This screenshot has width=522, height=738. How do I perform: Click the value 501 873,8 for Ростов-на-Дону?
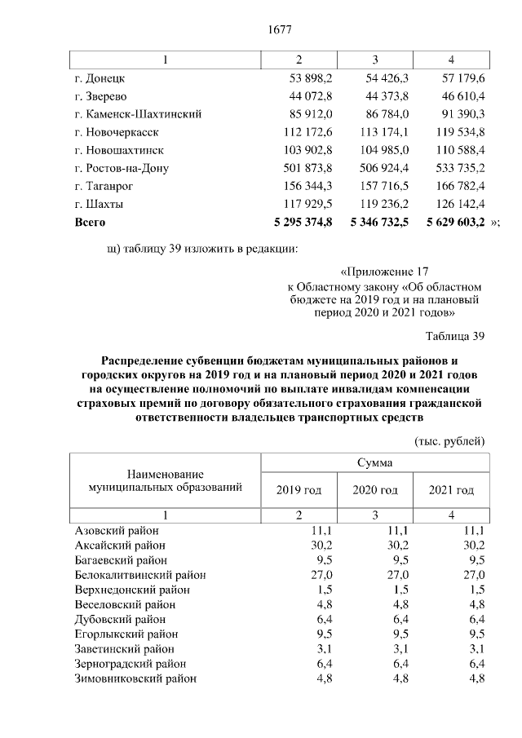coord(305,168)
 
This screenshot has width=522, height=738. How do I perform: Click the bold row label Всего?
coord(90,222)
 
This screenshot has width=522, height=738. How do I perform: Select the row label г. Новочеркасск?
coord(116,132)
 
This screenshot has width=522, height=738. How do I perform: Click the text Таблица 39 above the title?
coord(456,336)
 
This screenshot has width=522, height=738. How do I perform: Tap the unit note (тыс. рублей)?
coord(450,441)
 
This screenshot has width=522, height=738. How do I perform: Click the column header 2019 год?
coord(299,490)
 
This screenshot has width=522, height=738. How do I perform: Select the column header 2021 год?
coord(451,490)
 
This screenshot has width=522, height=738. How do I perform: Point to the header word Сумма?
coord(374,462)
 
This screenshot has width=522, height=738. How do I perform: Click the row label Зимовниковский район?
coord(135,678)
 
